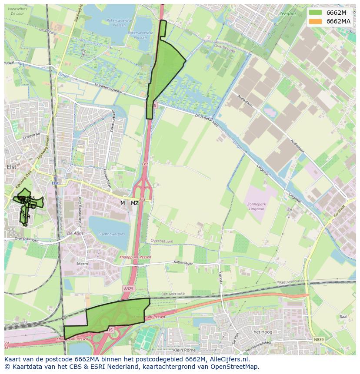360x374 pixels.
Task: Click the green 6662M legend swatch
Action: [316, 13]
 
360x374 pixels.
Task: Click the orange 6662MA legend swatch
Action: [316, 21]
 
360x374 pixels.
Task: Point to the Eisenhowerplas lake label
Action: [111, 234]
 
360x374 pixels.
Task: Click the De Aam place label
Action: [75, 233]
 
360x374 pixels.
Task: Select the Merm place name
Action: [82, 264]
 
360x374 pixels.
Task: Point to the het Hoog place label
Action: [262, 332]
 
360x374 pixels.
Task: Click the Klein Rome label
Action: [184, 350]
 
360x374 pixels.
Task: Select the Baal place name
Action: [343, 317]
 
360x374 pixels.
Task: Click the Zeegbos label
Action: [288, 13]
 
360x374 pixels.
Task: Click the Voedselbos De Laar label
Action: [17, 11]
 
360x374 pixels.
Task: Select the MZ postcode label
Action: [135, 203]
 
